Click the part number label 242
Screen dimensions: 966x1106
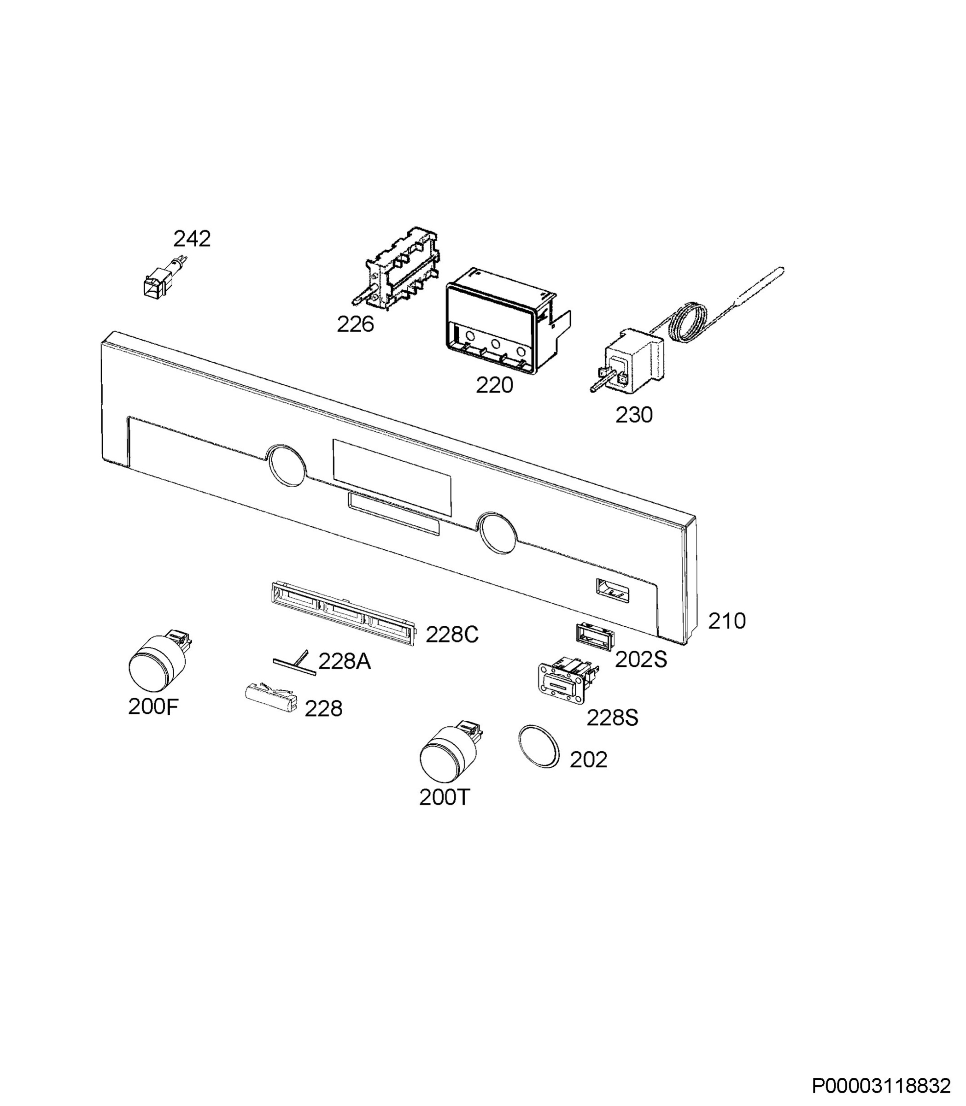192,238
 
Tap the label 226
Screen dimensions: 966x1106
355,324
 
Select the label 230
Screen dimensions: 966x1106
634,415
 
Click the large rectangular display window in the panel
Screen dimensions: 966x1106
392,477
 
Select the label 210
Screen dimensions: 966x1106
726,621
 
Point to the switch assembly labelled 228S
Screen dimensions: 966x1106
569,680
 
